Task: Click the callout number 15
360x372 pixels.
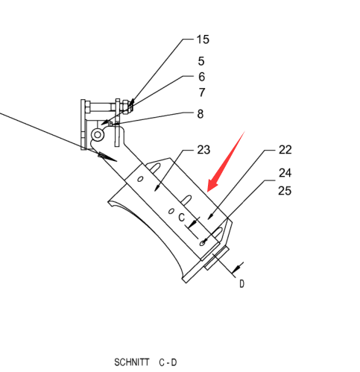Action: point(203,40)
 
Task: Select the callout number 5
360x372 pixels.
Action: point(201,61)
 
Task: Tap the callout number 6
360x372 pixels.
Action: point(201,77)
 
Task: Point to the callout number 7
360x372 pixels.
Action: point(202,92)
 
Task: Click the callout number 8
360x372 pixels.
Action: point(200,114)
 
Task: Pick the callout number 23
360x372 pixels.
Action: point(203,150)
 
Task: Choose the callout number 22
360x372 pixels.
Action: point(285,150)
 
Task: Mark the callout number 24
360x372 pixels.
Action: point(285,173)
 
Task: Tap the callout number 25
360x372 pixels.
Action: point(285,191)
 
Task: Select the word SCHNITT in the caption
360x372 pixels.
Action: point(132,362)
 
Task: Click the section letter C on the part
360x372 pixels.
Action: point(182,218)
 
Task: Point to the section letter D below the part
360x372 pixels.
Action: point(242,284)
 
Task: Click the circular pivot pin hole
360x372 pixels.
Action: point(98,135)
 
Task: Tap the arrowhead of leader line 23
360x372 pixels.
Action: point(157,188)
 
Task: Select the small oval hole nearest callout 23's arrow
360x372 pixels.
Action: point(140,179)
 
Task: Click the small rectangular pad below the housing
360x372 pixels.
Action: point(217,259)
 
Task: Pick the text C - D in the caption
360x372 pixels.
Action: point(168,362)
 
